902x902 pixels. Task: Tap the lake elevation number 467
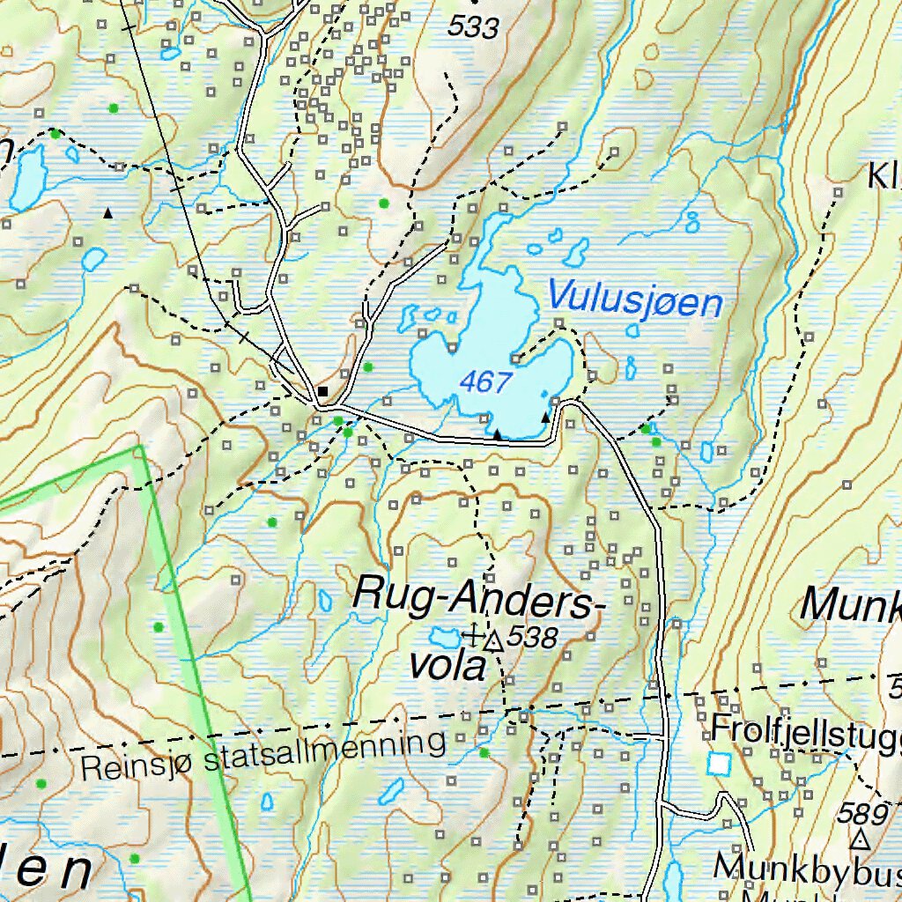(x=485, y=381)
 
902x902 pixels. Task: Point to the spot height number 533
(x=472, y=27)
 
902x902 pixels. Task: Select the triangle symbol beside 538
(x=494, y=642)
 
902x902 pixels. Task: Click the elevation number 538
(x=532, y=637)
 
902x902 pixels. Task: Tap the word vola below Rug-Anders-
(x=447, y=666)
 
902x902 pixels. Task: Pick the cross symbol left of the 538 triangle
(x=474, y=633)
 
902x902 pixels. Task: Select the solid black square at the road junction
(x=323, y=391)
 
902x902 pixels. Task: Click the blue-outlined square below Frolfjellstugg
(x=720, y=764)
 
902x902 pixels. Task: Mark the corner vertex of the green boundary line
(x=139, y=447)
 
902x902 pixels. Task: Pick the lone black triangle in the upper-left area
(x=108, y=213)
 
